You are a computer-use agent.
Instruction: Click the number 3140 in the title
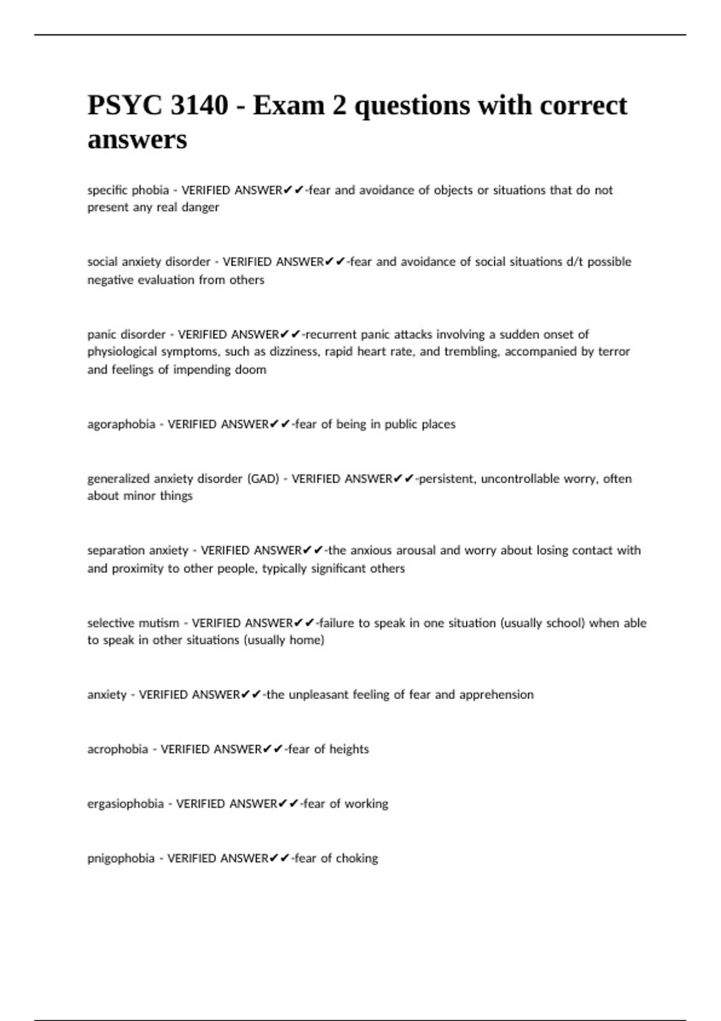point(199,106)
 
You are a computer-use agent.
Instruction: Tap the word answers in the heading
point(137,140)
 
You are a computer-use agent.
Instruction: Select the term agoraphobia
point(121,425)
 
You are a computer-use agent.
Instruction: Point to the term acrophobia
point(117,750)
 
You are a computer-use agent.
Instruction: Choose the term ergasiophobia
point(125,804)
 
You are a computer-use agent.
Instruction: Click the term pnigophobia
point(121,859)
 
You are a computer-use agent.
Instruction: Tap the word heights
point(349,750)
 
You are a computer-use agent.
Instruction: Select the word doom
point(251,370)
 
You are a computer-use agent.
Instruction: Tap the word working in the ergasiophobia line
point(367,804)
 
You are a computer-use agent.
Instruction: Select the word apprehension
point(496,695)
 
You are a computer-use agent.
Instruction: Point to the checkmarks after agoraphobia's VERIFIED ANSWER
point(281,425)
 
